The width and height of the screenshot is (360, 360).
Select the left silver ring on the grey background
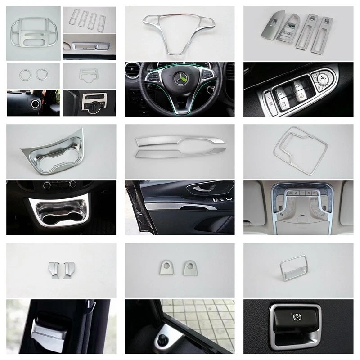click(x=24, y=74)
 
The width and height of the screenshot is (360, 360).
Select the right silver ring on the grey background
click(x=41, y=74)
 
